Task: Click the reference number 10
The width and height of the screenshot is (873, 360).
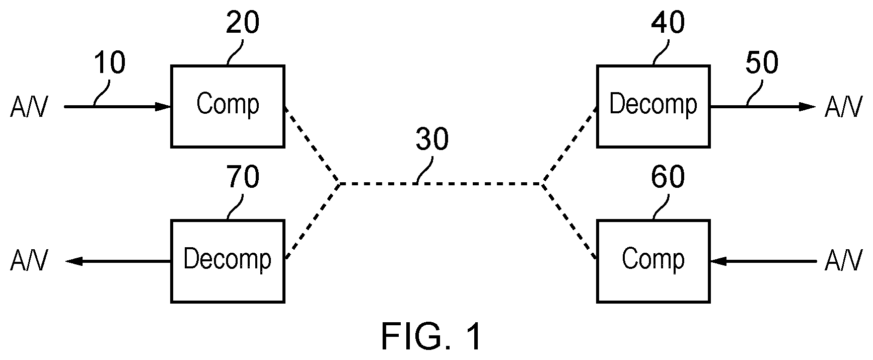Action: pyautogui.click(x=109, y=64)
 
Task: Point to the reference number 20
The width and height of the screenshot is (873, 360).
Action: pyautogui.click(x=243, y=23)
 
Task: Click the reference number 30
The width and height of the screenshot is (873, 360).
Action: pyautogui.click(x=432, y=139)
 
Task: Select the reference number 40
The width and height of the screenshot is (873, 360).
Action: pyautogui.click(x=668, y=23)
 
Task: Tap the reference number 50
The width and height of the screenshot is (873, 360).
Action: pyautogui.click(x=762, y=64)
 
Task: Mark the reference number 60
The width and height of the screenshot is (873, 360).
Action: pyautogui.click(x=668, y=177)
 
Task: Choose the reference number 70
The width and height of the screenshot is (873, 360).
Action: pyautogui.click(x=243, y=177)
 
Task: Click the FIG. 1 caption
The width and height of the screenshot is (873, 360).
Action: pyautogui.click(x=431, y=337)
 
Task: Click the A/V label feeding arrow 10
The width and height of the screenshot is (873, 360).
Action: pyautogui.click(x=29, y=107)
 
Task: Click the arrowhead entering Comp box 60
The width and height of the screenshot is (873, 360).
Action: pyautogui.click(x=719, y=261)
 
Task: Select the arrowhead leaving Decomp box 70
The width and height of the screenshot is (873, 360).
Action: pyautogui.click(x=74, y=261)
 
